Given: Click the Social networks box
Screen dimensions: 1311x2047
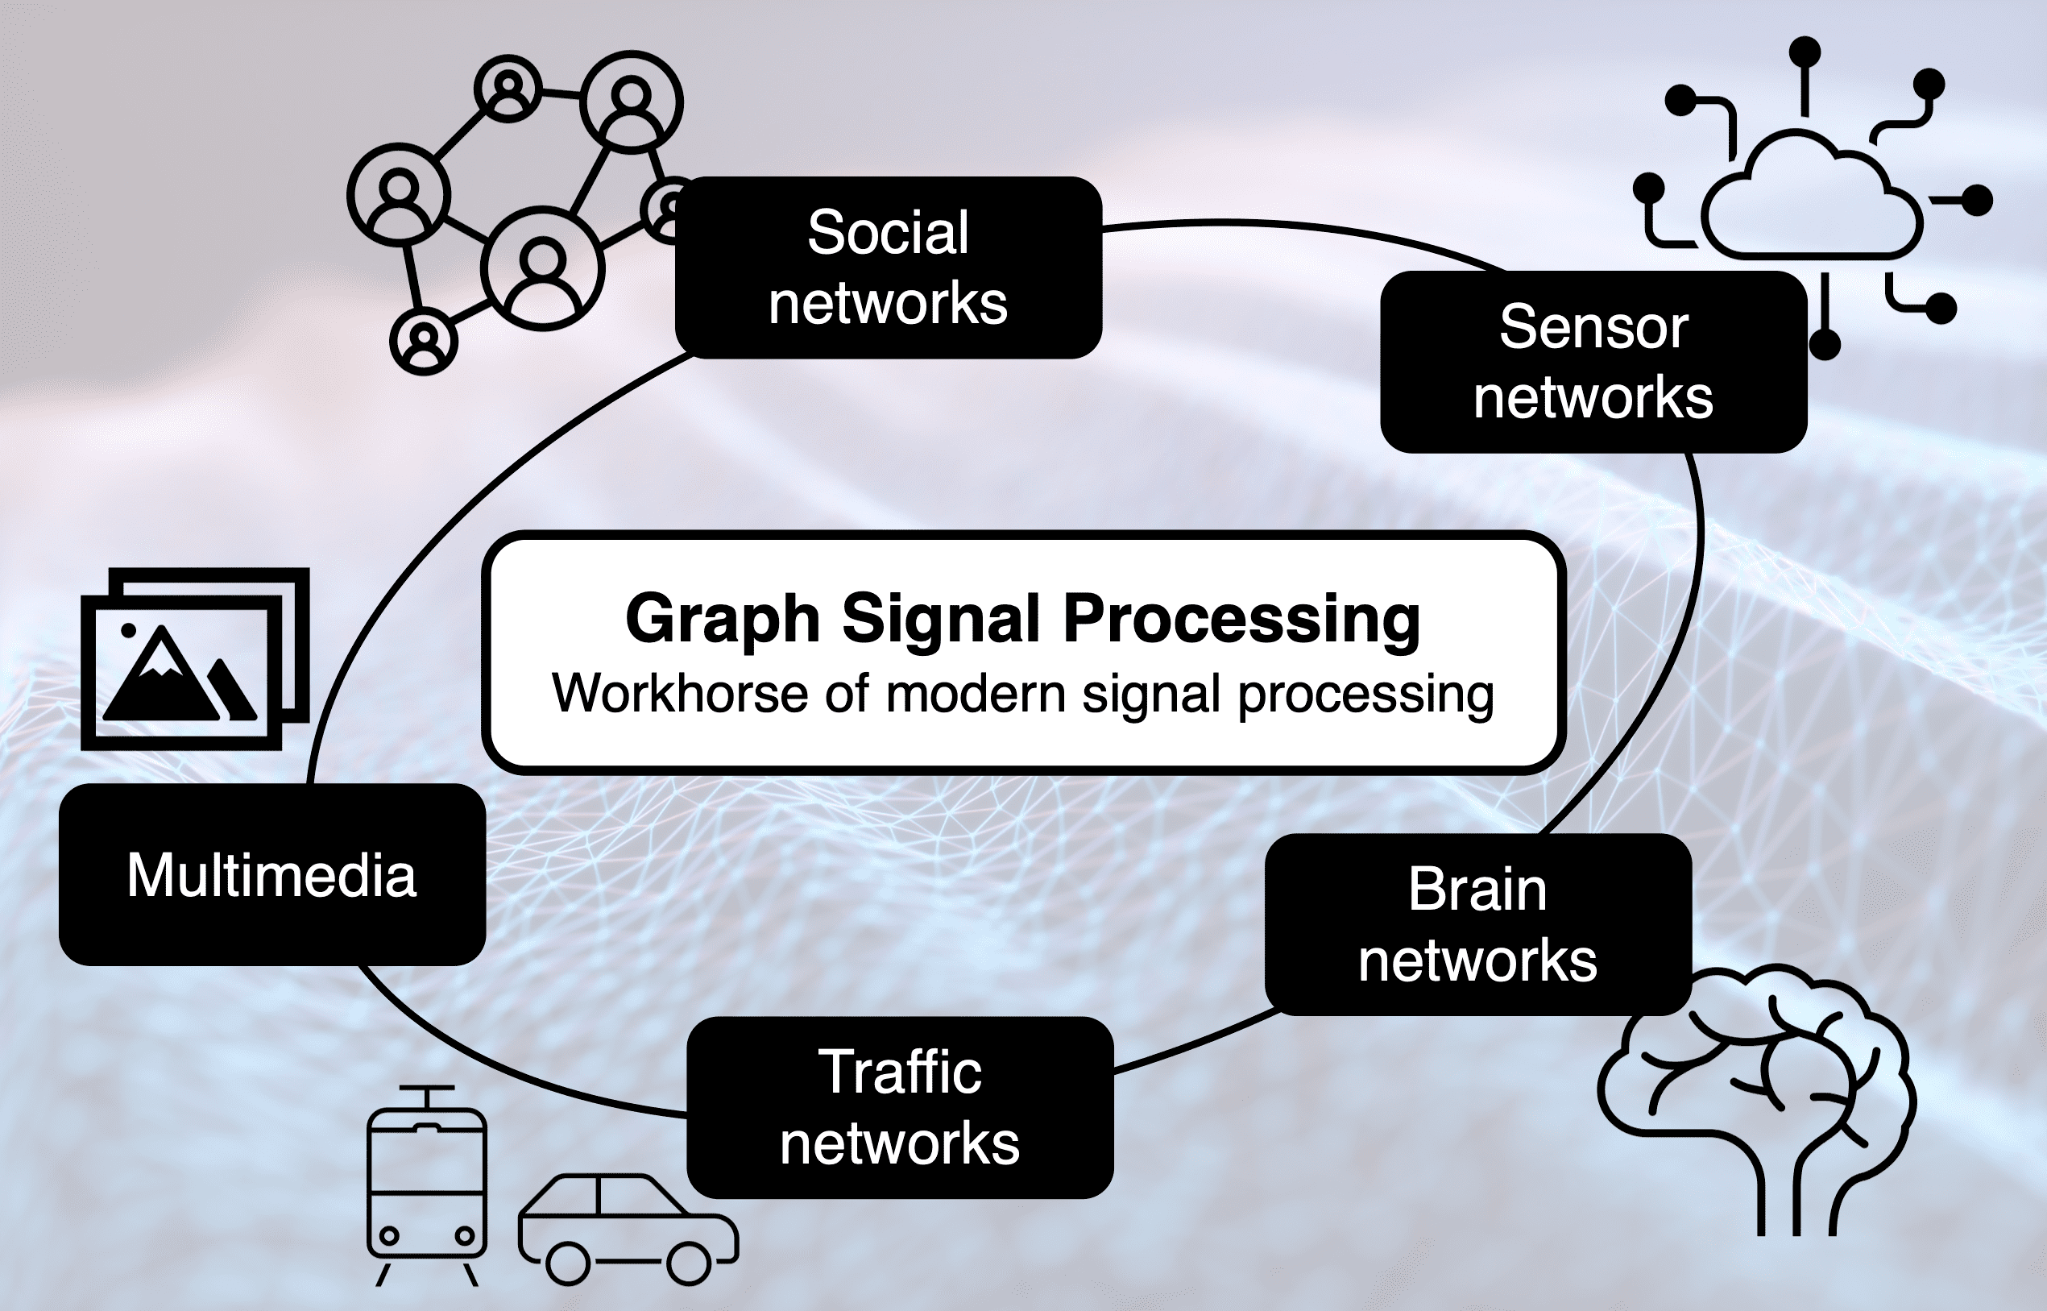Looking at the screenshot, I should tap(888, 268).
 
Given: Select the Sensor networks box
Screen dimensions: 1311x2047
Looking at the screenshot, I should tap(1593, 362).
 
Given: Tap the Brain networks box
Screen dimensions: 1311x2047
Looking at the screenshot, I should tap(1477, 924).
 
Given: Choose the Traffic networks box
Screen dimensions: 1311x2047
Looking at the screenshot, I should tap(900, 1107).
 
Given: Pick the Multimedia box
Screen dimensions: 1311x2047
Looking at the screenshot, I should tap(271, 875).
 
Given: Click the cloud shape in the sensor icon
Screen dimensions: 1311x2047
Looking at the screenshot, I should tap(1811, 200).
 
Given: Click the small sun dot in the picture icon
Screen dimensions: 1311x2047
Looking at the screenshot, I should tap(129, 631).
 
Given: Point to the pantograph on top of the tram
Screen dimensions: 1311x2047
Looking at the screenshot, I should tap(426, 1093).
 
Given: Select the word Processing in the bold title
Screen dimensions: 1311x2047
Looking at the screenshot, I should tap(1242, 620).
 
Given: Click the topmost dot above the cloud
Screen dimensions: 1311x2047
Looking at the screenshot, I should tap(1805, 52).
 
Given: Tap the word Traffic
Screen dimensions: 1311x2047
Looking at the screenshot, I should tap(900, 1072).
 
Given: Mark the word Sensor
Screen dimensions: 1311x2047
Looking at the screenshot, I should tap(1593, 327).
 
